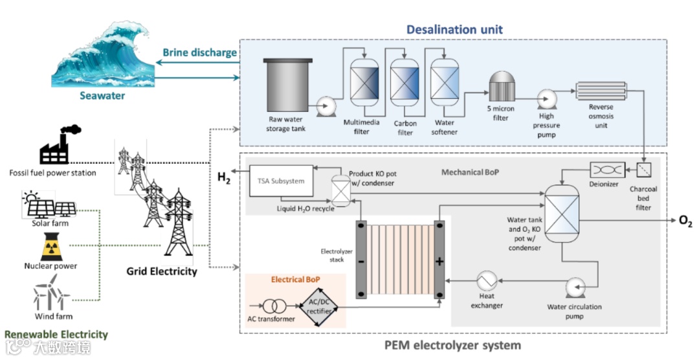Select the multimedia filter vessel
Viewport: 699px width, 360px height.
tap(364, 83)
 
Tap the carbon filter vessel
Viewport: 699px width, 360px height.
tap(405, 85)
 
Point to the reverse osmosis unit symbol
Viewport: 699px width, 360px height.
tap(600, 91)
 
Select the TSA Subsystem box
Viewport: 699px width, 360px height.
tap(281, 181)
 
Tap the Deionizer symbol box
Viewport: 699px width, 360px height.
tap(608, 170)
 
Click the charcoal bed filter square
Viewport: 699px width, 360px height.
tap(645, 170)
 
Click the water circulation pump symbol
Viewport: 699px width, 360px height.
tap(576, 287)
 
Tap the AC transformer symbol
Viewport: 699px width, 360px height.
tap(272, 304)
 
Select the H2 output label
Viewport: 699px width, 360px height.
tap(223, 178)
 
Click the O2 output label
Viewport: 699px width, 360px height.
tap(685, 222)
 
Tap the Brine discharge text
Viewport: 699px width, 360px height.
tap(199, 52)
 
